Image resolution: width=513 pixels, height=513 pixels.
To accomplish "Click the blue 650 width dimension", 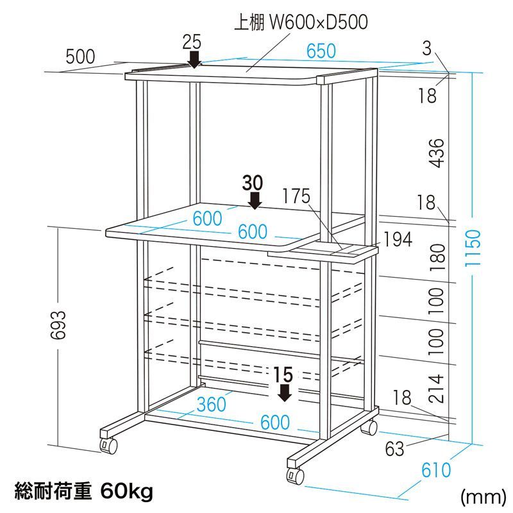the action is point(321,51).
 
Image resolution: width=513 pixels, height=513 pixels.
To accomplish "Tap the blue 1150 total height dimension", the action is point(473,248).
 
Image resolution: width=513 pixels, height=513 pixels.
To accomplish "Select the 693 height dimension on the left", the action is point(60,324).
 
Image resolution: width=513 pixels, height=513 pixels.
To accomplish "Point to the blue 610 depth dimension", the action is point(436,471).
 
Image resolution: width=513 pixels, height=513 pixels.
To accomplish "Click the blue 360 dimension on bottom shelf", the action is point(212,405).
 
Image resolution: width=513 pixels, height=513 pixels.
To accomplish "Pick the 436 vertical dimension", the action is point(437,153).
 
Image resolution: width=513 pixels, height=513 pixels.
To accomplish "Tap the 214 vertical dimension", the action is point(437,389).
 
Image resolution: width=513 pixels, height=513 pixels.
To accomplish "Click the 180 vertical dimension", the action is point(437,258).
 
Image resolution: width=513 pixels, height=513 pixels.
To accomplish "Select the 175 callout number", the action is point(296,196).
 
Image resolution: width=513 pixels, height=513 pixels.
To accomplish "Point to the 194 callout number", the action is point(398,239).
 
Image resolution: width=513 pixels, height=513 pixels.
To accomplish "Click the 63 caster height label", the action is point(394,449).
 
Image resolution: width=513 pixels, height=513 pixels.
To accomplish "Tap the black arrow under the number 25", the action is point(195,60).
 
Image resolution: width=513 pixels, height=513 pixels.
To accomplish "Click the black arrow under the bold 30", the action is point(255,200).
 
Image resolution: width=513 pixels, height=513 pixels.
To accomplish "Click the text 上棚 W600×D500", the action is point(301,22).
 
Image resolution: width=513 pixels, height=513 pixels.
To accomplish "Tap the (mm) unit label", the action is point(484,497).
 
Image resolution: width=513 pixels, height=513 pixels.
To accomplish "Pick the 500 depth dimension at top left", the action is point(80,56).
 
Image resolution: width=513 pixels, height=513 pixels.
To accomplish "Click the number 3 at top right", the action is point(426,49).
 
